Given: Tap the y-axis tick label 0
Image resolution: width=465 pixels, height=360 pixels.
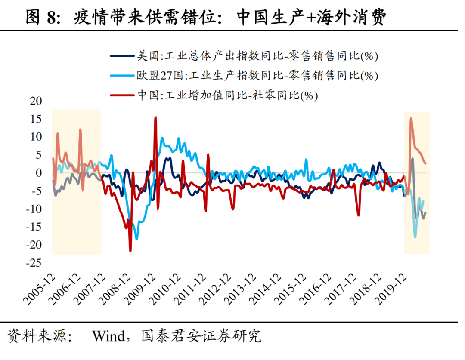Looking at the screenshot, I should click(39, 173).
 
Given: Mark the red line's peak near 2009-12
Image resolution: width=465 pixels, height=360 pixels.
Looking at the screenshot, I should click(155, 117).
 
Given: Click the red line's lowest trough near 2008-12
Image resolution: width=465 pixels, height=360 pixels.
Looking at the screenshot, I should click(130, 251).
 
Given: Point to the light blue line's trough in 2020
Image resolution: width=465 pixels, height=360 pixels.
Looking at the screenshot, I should click(415, 237).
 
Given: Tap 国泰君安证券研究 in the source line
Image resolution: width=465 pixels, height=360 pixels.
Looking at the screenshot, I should click(201, 336).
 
